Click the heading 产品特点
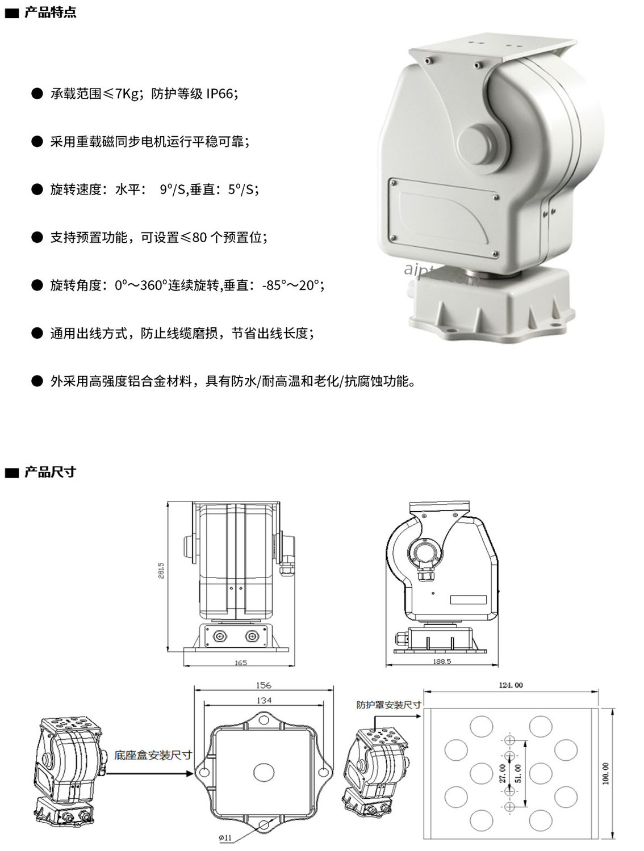coord(50,12)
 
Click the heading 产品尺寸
coord(50,472)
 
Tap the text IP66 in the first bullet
coord(220,94)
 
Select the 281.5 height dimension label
coord(161,570)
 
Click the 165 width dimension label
coord(241,663)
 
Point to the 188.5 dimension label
coord(442,661)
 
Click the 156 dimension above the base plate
coord(264,685)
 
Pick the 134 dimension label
coord(264,700)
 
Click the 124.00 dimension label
coord(511,685)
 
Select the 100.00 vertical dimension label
coord(605,773)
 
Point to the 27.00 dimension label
coord(503,773)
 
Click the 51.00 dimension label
coord(518,773)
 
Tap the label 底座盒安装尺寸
coord(153,755)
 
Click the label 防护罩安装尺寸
coord(388,705)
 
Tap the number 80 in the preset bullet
coord(199,237)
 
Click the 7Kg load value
coord(127,94)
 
